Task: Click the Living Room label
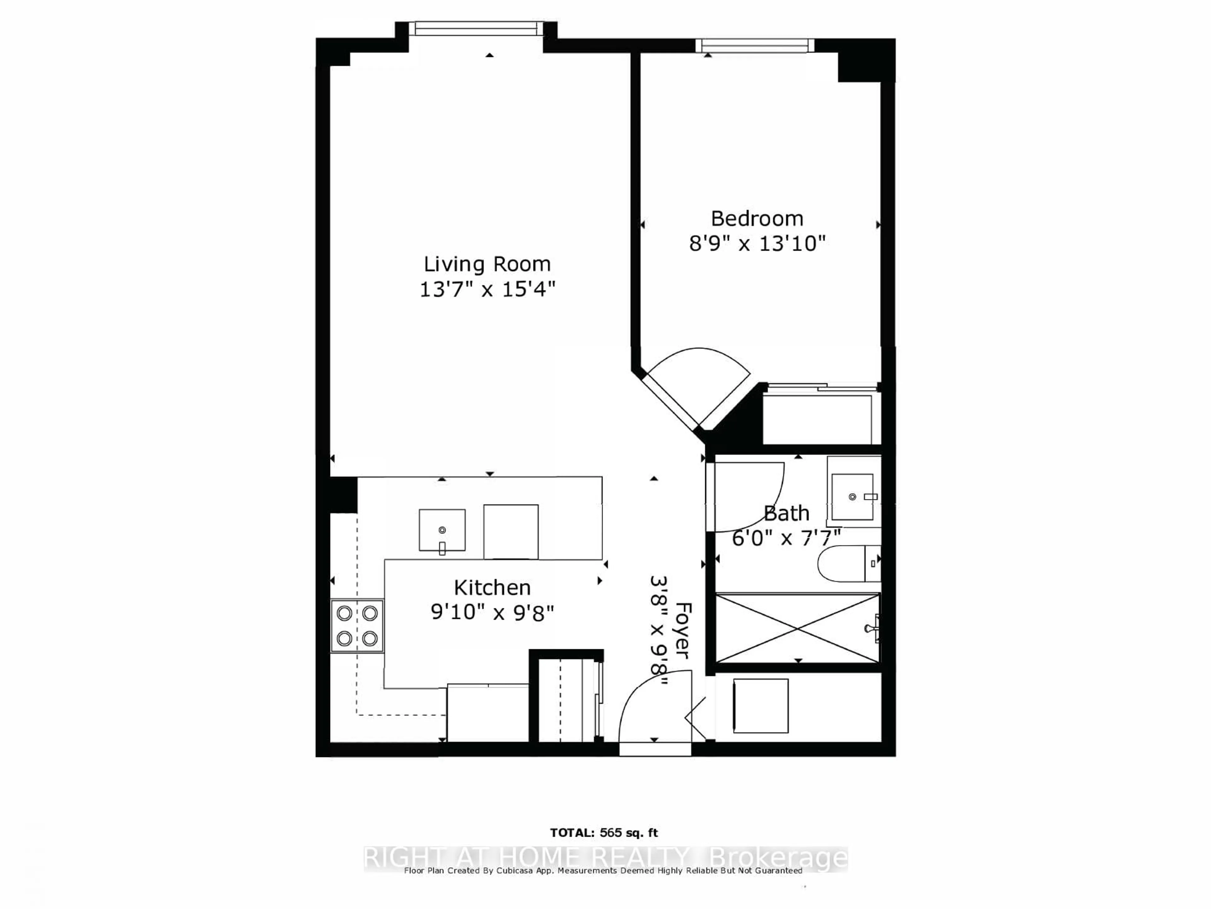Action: [x=487, y=264]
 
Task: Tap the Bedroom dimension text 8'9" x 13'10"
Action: [x=757, y=243]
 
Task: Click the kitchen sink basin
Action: [x=442, y=530]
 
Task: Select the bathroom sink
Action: [x=852, y=497]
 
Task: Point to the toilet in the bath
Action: [x=847, y=564]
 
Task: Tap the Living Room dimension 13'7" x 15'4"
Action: [x=487, y=289]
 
